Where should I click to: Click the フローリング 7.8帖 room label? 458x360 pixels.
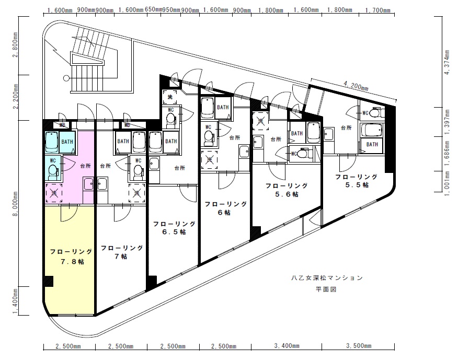click(x=71, y=257)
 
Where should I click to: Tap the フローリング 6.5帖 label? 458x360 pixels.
click(x=175, y=228)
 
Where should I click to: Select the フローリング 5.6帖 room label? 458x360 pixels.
click(x=287, y=190)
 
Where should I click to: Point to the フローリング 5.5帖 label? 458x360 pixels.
click(x=357, y=181)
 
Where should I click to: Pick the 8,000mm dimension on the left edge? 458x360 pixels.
click(x=15, y=203)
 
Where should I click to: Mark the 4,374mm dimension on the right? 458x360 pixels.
click(x=446, y=62)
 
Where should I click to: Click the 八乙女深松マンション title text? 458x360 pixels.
click(x=327, y=277)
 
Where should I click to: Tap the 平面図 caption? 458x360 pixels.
click(x=326, y=289)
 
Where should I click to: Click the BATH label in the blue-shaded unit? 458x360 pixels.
click(x=67, y=142)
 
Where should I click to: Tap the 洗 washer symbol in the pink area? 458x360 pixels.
click(x=54, y=193)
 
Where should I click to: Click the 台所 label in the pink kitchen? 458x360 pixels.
click(x=86, y=166)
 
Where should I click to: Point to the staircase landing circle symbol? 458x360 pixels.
click(x=66, y=78)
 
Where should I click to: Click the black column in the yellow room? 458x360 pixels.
click(x=49, y=281)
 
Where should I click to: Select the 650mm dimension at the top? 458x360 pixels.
click(x=153, y=9)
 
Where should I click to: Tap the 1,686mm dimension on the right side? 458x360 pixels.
click(x=446, y=154)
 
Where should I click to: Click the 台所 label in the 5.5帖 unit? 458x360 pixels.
click(x=347, y=127)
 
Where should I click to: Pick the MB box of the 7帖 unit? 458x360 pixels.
click(x=127, y=125)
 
